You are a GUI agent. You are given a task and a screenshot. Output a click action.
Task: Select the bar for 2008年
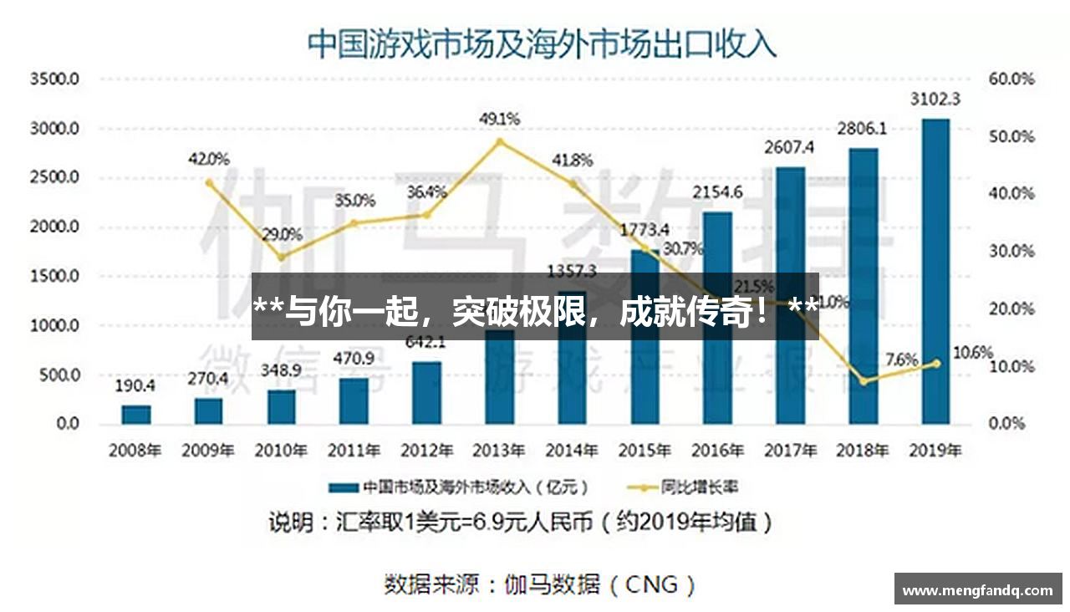136,415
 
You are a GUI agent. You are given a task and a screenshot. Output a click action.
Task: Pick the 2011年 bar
354,400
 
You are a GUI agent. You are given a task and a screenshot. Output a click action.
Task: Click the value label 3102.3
935,99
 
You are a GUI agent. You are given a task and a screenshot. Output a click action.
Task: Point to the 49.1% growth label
499,120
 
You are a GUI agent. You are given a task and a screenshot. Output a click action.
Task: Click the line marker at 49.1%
500,141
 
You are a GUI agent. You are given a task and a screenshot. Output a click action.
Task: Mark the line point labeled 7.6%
864,381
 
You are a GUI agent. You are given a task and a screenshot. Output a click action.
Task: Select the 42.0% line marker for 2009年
209,181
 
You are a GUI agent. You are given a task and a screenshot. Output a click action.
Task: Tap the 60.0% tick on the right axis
1011,79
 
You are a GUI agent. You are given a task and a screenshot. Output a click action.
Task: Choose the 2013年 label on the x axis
499,450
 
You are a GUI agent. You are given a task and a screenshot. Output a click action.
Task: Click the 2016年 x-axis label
717,450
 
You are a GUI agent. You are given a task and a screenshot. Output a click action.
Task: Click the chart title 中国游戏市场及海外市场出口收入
542,43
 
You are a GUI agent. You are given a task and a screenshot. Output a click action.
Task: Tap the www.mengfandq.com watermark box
977,589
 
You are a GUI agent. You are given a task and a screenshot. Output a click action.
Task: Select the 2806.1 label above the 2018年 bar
862,130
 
